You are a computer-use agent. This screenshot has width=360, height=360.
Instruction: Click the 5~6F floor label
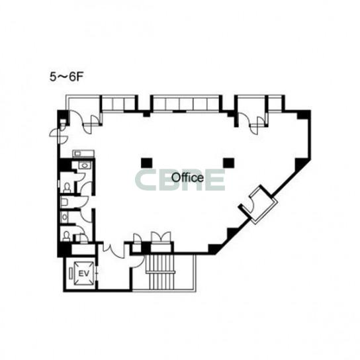coord(66,77)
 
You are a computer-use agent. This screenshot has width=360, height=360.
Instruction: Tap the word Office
coord(187,178)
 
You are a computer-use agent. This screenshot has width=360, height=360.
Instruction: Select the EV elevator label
coord(84,273)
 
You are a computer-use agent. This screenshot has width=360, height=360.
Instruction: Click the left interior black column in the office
coord(146,163)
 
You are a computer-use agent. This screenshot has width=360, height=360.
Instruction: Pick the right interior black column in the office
coord(228,163)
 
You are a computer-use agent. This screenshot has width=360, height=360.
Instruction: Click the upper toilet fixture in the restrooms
coord(67,187)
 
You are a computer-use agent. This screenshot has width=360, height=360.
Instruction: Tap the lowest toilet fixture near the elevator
coord(67,236)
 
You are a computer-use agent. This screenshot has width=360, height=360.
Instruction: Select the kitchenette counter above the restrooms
coord(83,154)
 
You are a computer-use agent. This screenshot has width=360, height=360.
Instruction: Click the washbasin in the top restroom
coord(85,165)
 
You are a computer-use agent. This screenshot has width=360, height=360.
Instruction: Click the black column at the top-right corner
coord(304,114)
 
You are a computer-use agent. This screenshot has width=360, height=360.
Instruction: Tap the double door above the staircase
coord(161,237)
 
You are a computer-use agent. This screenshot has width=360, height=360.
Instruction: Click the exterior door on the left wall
coord(59,136)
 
